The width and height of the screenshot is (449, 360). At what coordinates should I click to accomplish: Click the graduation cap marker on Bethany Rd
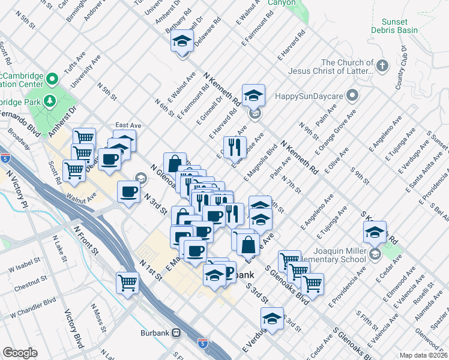click(x=181, y=42)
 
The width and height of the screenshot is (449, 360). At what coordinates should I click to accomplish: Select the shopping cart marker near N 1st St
click(x=128, y=282)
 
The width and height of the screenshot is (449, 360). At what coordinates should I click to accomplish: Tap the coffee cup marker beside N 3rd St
click(x=129, y=192)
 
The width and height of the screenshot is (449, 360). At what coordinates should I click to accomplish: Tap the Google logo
click(x=20, y=353)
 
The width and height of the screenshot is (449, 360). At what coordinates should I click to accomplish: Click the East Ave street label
click(x=128, y=125)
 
